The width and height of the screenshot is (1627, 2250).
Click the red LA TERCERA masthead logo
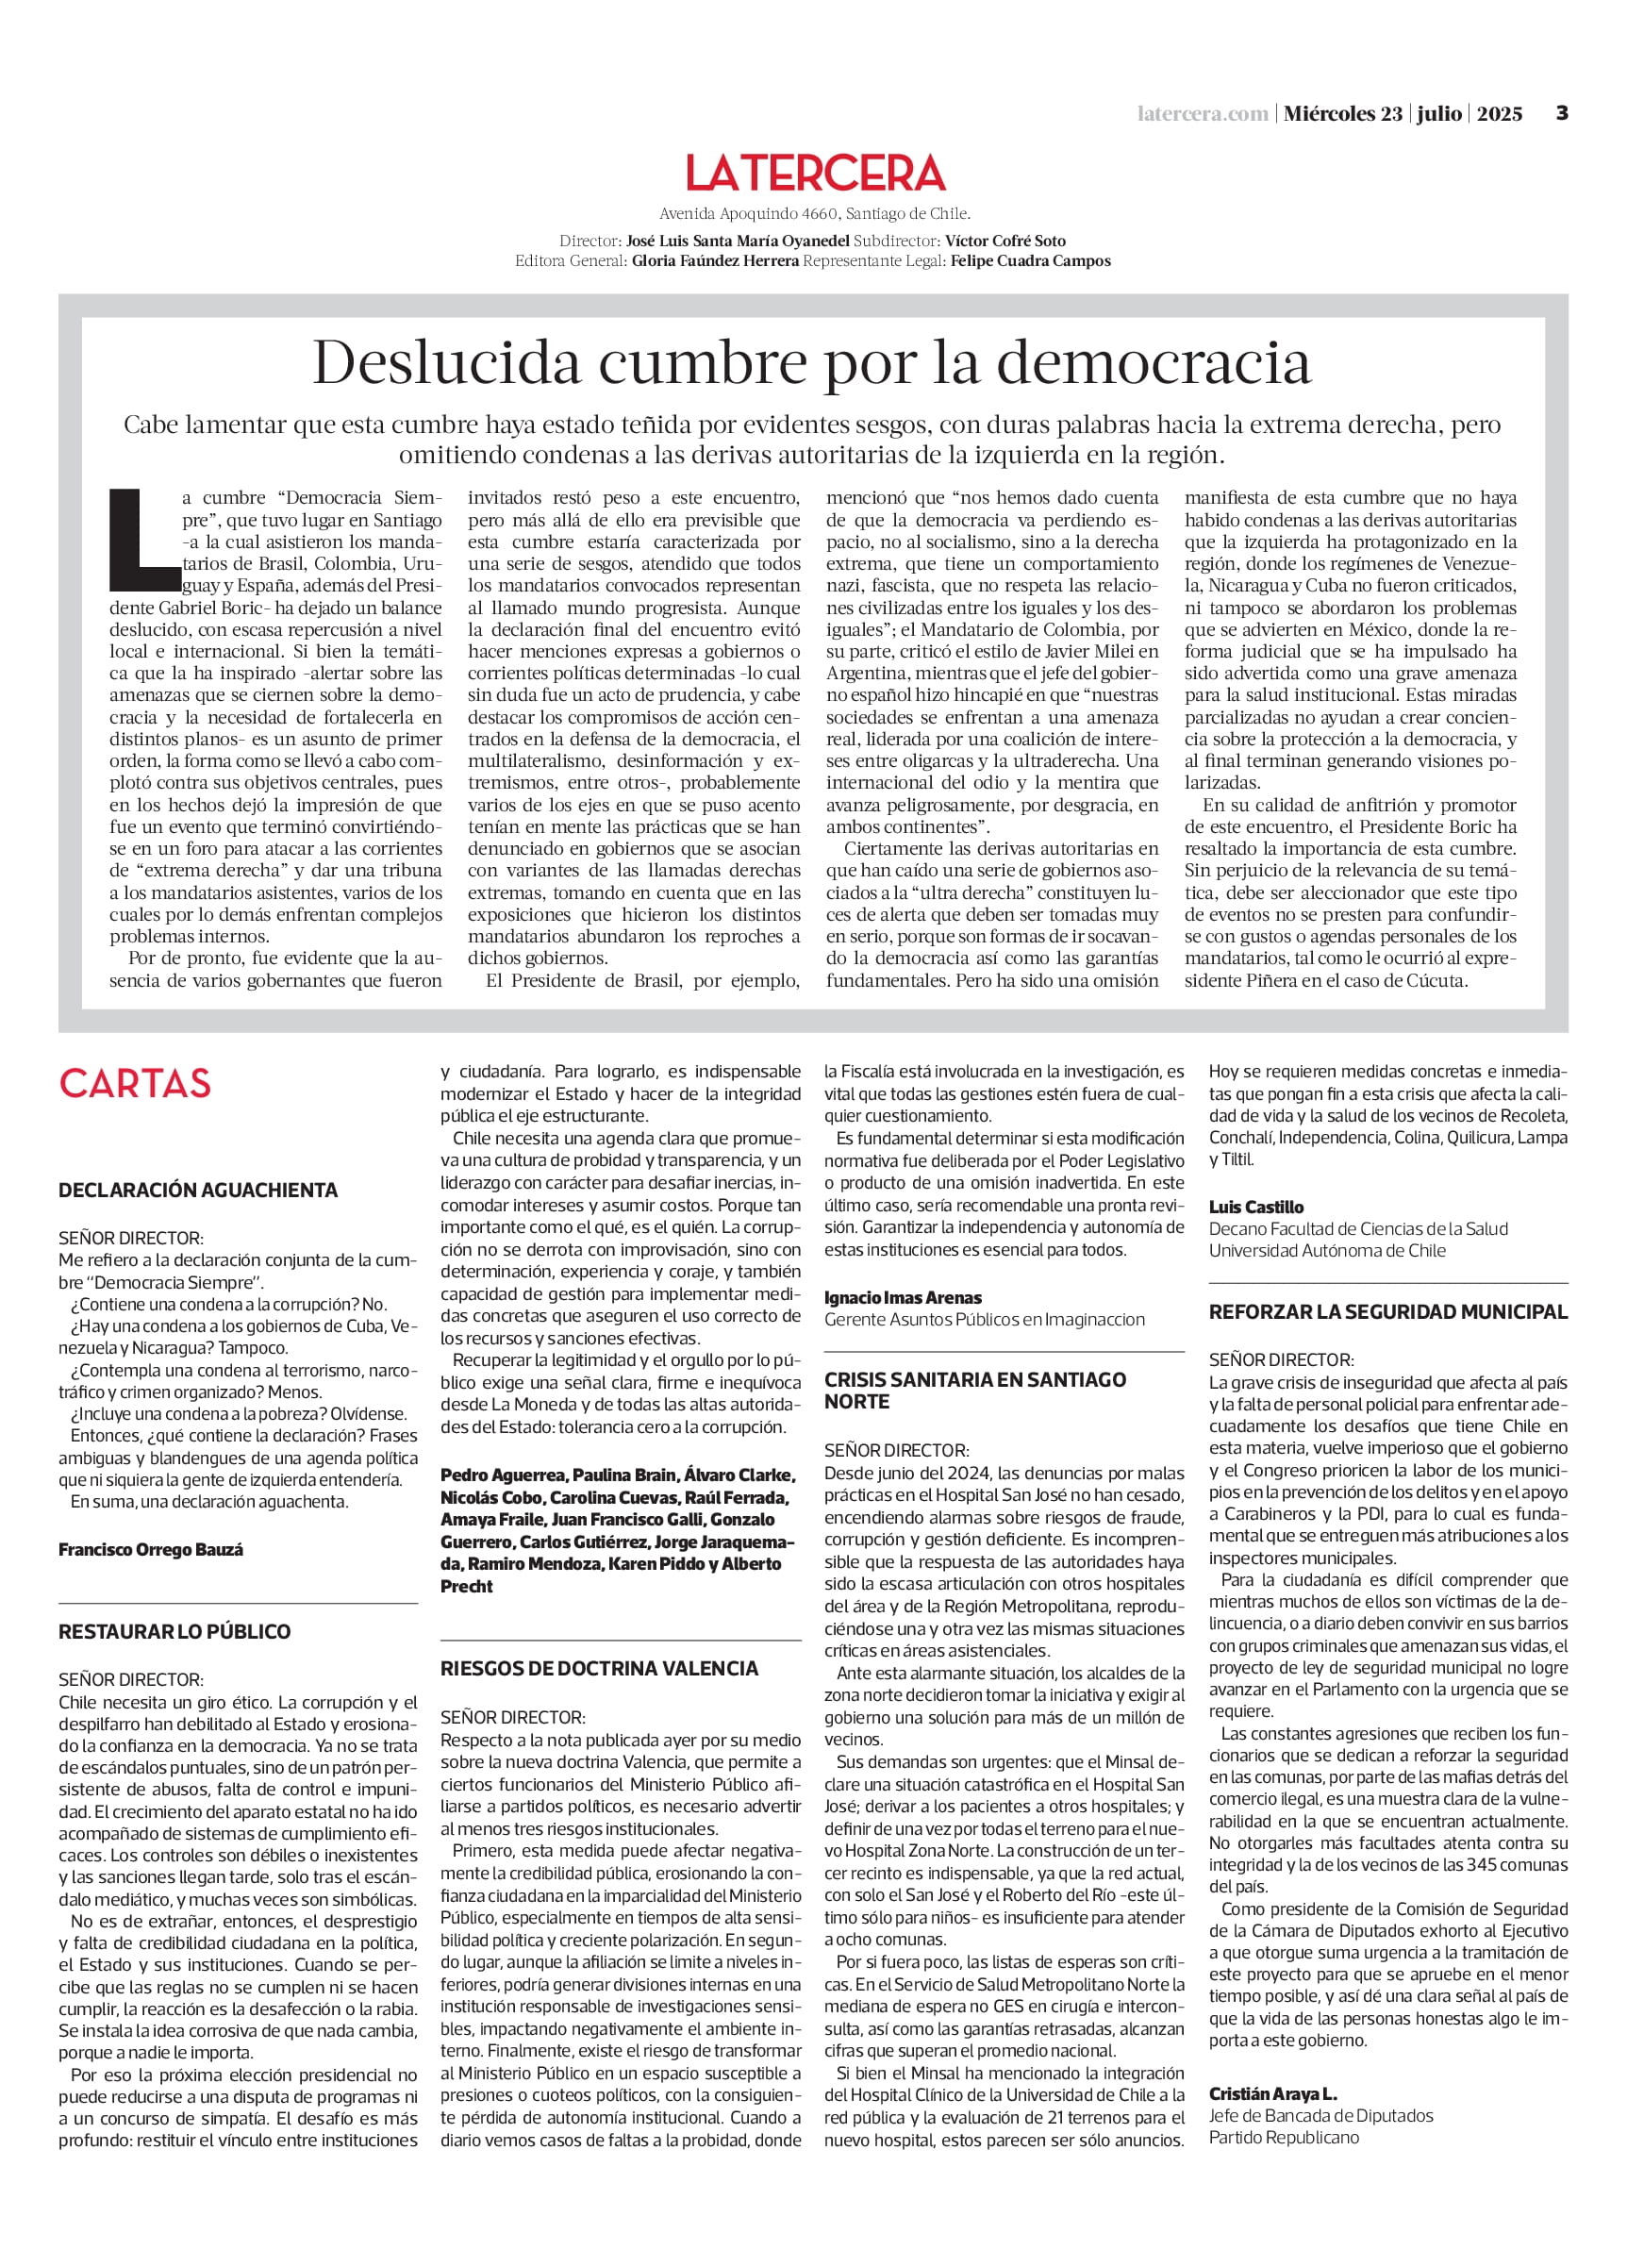tap(815, 173)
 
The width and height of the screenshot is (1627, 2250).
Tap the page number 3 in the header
tap(1562, 113)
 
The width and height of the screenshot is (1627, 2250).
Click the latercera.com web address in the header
tap(1202, 114)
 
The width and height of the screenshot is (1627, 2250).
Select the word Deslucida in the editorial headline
tap(446, 364)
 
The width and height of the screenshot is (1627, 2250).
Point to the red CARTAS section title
tap(135, 1083)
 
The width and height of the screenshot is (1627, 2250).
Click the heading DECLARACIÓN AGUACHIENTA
tap(198, 1190)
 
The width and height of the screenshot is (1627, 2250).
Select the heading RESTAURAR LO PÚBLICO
tap(174, 1631)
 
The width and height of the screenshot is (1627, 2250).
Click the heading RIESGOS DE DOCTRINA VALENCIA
tap(599, 1668)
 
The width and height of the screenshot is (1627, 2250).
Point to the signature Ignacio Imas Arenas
tap(903, 1296)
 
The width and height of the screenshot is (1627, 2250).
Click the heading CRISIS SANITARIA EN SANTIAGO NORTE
tap(975, 1390)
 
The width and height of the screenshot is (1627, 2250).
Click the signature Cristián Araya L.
tap(1272, 2093)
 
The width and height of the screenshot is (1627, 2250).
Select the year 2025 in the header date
tap(1499, 114)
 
